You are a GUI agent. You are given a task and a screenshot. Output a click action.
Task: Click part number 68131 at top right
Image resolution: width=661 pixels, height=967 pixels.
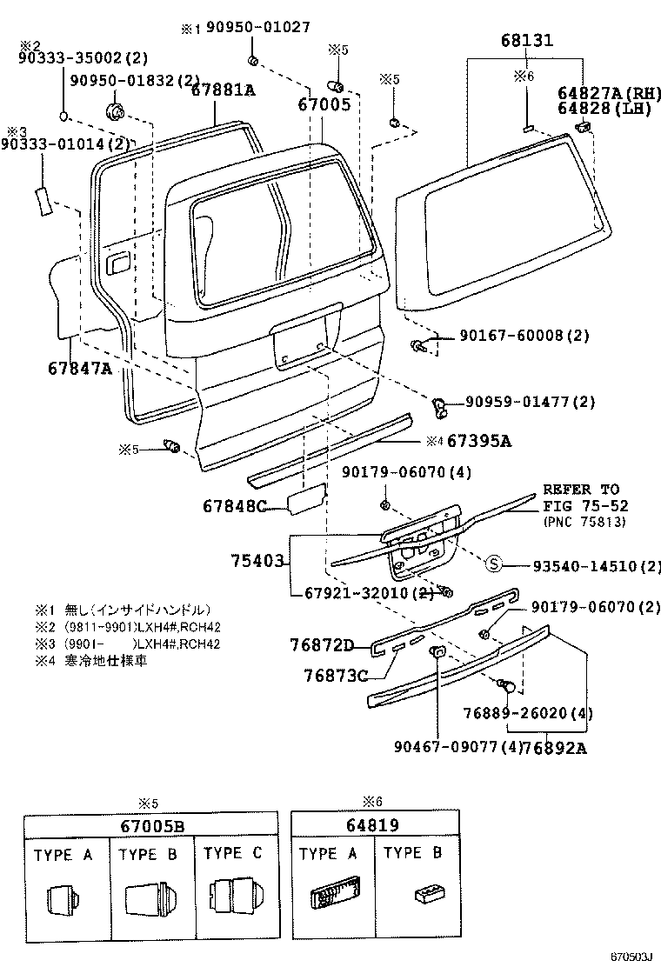tap(527, 41)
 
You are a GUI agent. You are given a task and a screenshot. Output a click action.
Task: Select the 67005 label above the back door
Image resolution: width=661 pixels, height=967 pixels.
tap(324, 104)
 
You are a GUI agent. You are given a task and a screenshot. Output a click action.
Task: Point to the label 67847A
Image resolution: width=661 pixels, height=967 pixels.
tap(80, 368)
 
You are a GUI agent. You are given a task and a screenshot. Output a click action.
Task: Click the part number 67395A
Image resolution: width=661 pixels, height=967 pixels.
tap(479, 441)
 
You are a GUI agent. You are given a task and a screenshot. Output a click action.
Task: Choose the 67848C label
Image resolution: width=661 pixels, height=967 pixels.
tap(235, 505)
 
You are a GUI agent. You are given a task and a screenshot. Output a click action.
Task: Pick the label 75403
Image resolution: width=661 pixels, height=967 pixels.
tap(257, 561)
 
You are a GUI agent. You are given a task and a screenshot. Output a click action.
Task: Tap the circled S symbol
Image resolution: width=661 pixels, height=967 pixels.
tap(493, 566)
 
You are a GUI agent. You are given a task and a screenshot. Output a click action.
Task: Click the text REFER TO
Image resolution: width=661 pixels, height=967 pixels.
tap(582, 490)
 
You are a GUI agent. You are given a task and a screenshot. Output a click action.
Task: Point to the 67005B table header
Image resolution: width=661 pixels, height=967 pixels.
tap(150, 825)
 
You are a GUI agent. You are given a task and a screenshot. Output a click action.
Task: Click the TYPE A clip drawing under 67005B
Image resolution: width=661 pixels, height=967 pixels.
tap(63, 899)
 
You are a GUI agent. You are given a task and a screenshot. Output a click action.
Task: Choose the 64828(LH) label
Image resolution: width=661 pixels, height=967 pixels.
tap(602, 110)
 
